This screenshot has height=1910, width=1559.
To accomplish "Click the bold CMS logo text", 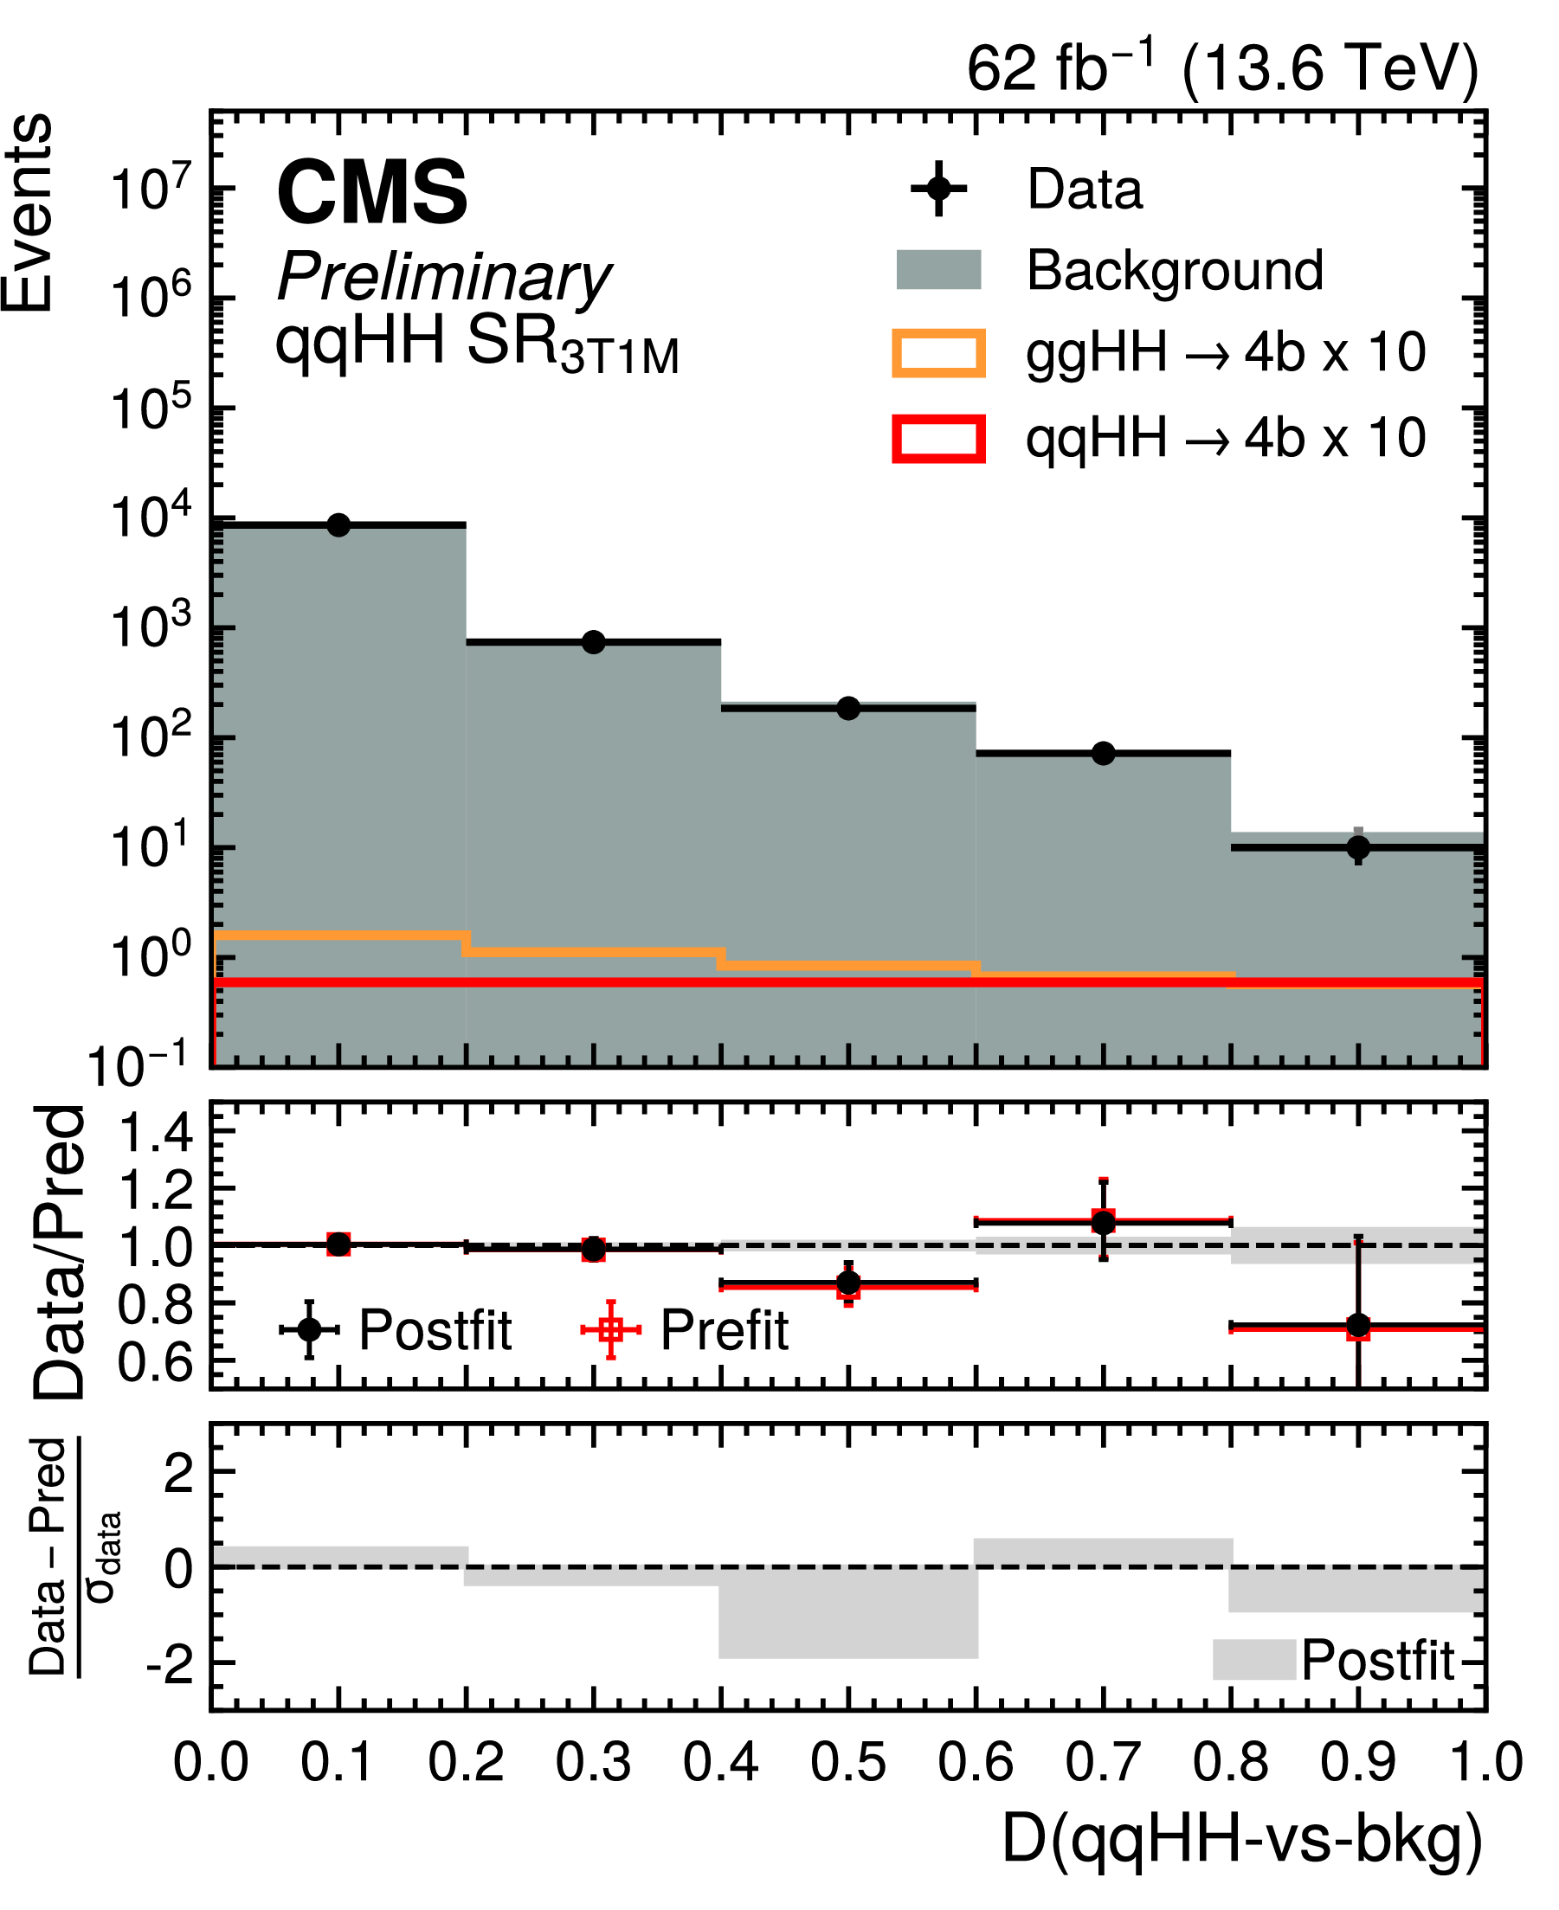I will [x=372, y=192].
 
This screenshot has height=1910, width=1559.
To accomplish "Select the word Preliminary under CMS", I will [x=443, y=277].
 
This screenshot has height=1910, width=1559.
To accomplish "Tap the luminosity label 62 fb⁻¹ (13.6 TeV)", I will [x=1221, y=68].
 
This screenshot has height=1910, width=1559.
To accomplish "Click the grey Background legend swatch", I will [x=938, y=269].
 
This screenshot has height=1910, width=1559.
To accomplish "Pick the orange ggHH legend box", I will [x=938, y=353].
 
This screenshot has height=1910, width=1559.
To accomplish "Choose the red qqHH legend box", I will [x=938, y=439].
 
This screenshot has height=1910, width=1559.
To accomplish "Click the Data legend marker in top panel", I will [x=938, y=189].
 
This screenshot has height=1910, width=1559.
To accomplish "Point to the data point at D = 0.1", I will [x=338, y=525].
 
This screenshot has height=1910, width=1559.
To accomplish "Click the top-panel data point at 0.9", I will [x=1359, y=846].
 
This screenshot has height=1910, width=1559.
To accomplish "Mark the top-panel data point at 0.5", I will [x=848, y=709].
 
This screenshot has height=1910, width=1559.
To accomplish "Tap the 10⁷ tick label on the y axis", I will [x=151, y=190].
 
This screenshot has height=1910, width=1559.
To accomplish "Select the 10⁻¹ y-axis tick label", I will [x=139, y=1066].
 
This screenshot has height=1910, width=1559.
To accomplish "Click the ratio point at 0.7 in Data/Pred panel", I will [x=1104, y=1221].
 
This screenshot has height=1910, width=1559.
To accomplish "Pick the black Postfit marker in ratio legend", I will [x=309, y=1329].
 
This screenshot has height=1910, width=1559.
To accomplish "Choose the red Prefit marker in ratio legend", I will [x=610, y=1329].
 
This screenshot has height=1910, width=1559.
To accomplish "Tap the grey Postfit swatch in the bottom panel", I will [x=1253, y=1660].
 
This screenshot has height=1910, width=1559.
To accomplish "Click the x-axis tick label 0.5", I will [x=848, y=1763].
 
